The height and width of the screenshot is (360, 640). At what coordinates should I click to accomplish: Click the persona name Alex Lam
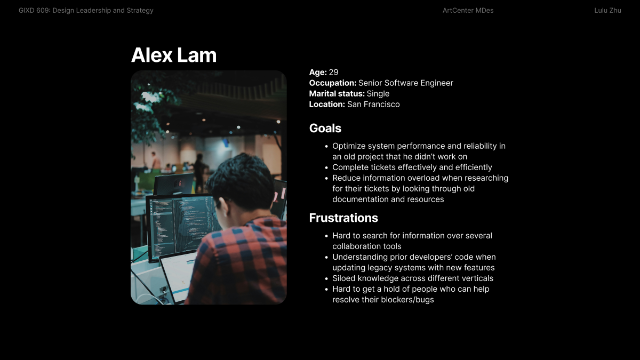click(174, 55)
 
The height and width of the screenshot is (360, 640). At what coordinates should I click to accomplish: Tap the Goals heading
click(325, 129)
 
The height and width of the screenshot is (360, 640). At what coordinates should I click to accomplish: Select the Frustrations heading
click(343, 218)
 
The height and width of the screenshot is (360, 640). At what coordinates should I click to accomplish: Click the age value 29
click(333, 73)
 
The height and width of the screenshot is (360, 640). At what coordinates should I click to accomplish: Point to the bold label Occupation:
click(333, 83)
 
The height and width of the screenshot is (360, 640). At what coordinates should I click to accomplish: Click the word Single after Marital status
click(378, 94)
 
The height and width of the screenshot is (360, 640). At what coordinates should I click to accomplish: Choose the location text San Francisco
click(373, 105)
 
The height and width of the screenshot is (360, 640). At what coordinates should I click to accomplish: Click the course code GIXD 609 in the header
click(34, 11)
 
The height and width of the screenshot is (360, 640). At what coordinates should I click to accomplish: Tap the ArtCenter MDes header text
click(468, 11)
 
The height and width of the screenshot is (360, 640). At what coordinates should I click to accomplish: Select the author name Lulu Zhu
click(607, 11)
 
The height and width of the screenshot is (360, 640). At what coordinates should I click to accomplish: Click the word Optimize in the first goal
click(349, 146)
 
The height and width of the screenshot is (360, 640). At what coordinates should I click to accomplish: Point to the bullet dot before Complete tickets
click(326, 167)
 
